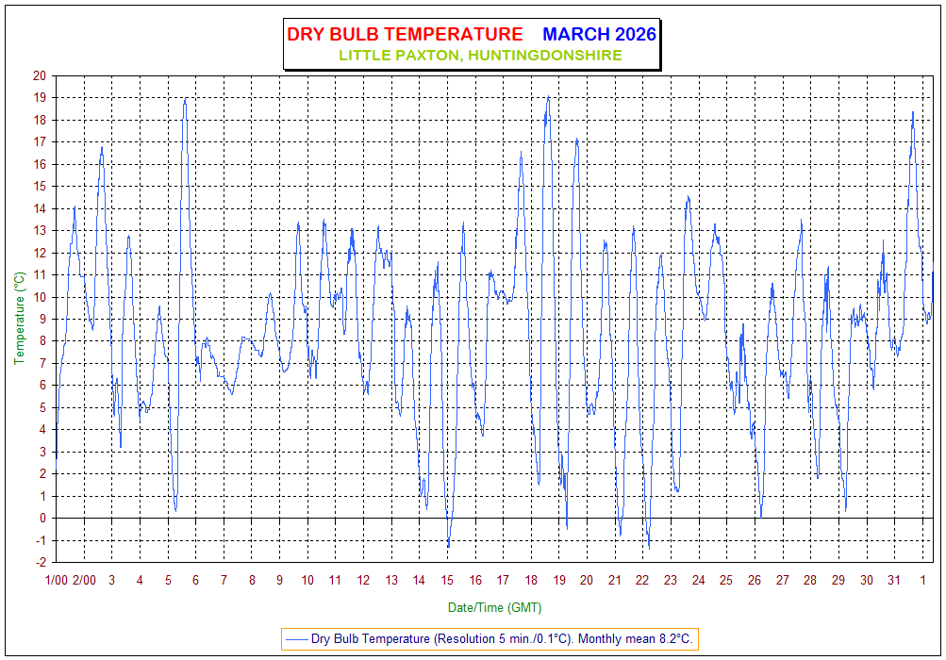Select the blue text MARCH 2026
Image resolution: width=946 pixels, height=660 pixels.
(599, 35)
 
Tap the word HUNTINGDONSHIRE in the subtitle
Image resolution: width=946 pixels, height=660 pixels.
(544, 56)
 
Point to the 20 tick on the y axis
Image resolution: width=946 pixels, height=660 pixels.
(39, 75)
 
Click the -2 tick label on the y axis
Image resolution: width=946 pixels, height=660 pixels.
(40, 563)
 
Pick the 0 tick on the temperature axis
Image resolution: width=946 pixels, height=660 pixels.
(42, 519)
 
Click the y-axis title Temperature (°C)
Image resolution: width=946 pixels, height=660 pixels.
(19, 319)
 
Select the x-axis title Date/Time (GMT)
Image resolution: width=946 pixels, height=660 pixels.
(494, 608)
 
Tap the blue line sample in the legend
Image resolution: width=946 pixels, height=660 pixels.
(297, 639)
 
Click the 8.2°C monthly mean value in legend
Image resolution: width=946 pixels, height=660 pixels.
(672, 639)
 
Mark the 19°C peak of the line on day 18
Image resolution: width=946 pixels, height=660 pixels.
(548, 96)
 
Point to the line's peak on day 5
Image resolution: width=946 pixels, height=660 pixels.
(186, 98)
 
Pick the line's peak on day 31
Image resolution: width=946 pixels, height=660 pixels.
(913, 111)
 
